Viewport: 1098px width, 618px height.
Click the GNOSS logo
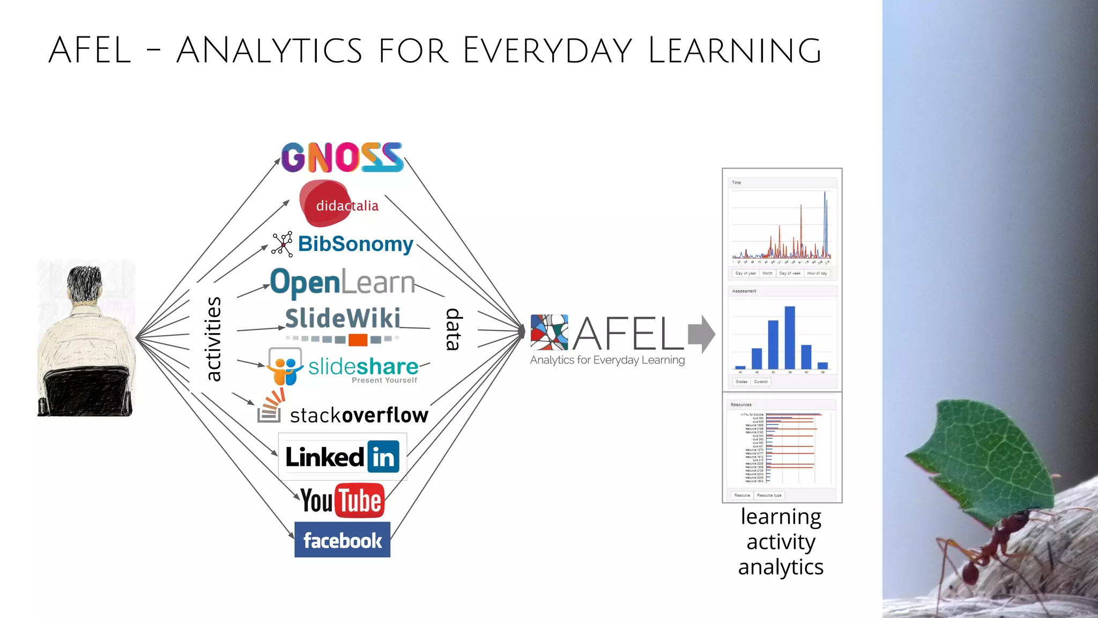click(342, 157)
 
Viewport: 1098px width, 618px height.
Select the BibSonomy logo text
click(355, 244)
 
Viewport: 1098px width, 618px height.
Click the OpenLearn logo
click(342, 282)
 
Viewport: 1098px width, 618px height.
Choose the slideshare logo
click(343, 367)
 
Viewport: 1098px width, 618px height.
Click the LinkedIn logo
click(342, 457)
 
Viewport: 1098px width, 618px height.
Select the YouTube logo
click(342, 500)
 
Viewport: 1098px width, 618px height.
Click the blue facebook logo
click(342, 540)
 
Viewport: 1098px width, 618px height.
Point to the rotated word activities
click(213, 339)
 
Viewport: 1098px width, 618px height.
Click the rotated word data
click(454, 329)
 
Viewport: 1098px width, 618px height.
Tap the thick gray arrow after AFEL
click(701, 334)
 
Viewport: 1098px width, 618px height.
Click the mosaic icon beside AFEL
click(549, 332)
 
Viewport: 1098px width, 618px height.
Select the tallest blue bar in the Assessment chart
click(790, 337)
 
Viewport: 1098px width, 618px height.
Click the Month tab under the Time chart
click(767, 274)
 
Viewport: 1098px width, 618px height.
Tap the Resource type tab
click(769, 496)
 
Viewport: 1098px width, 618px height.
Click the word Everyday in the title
click(547, 50)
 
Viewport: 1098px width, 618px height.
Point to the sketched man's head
click(85, 284)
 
